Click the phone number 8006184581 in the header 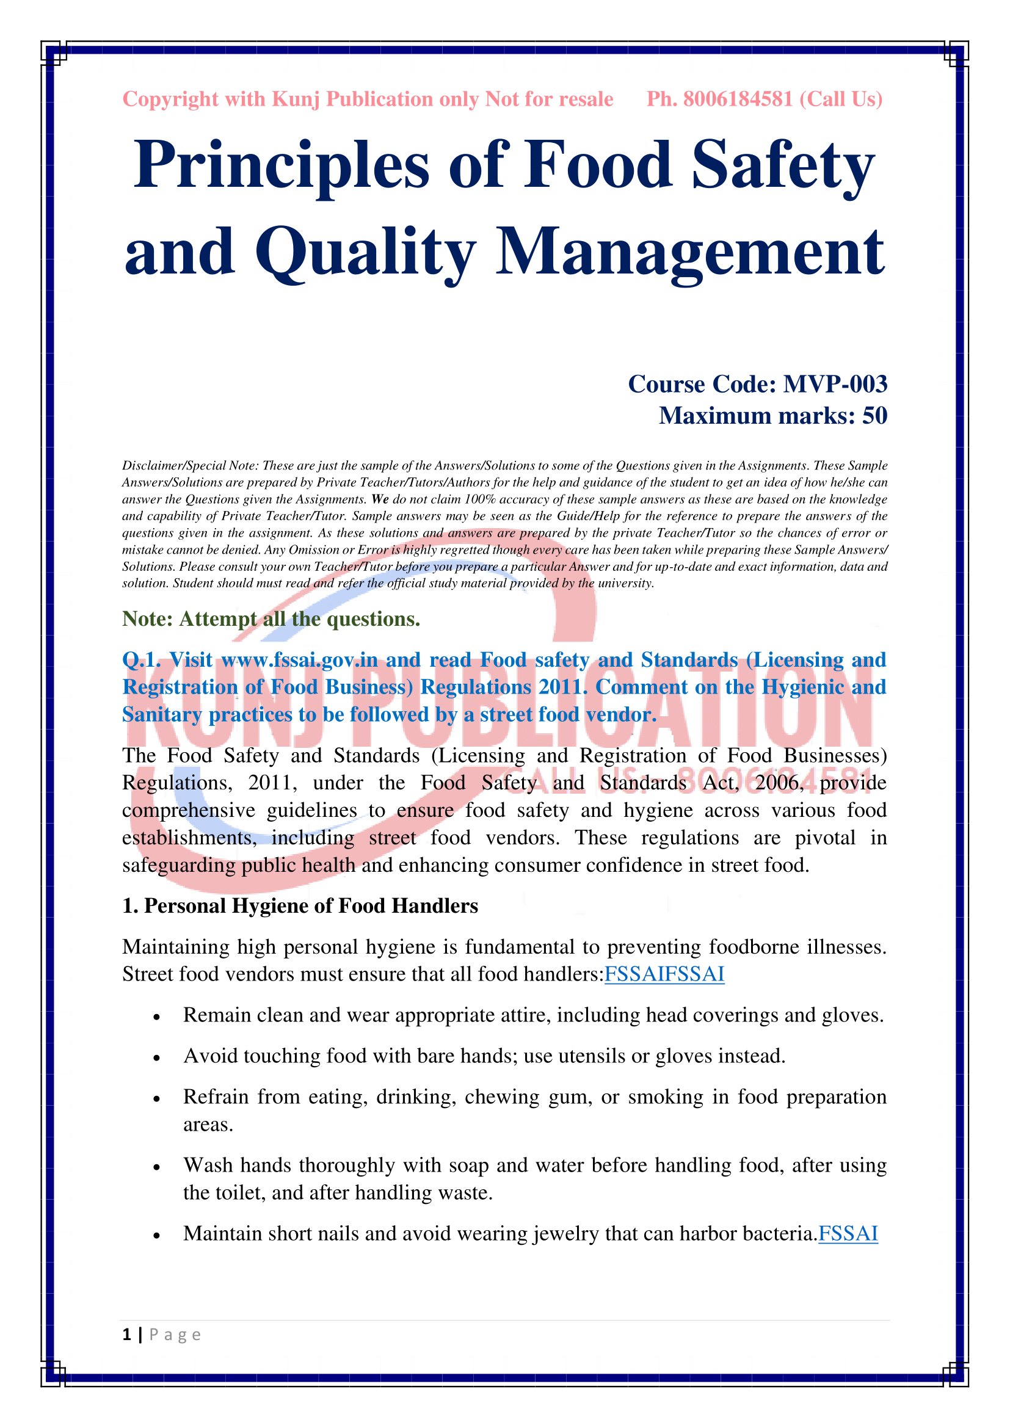[738, 99]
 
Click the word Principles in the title [281, 165]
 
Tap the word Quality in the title [366, 252]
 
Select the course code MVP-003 [835, 384]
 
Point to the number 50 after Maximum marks [874, 416]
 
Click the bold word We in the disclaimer [380, 499]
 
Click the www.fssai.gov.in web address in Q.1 [299, 659]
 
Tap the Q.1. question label [141, 659]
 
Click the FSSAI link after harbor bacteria [848, 1233]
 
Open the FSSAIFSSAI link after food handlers [664, 973]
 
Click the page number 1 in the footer [127, 1334]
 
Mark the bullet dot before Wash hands [158, 1167]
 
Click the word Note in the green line [147, 619]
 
